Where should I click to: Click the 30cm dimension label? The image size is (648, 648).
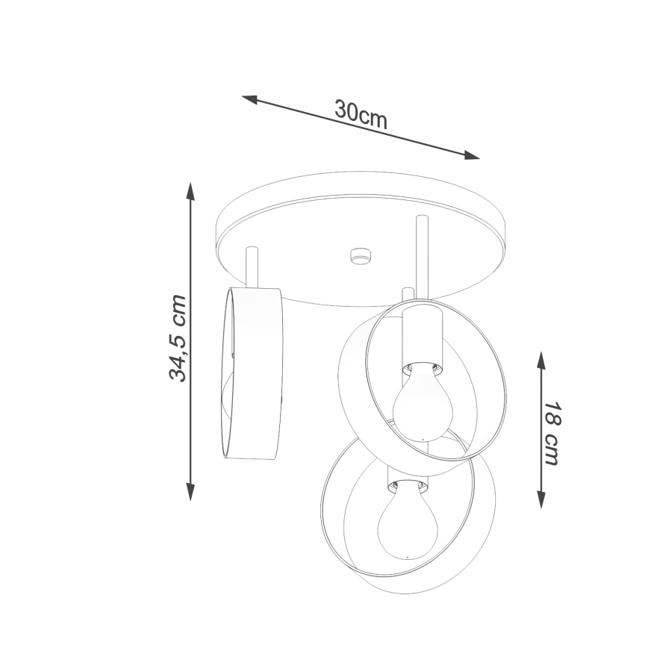[361, 115]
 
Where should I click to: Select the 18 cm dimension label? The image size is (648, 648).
[552, 433]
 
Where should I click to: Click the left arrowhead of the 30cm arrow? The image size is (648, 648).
[249, 99]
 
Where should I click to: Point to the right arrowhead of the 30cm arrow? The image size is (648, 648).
[472, 155]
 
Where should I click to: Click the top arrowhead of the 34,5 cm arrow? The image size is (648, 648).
[190, 191]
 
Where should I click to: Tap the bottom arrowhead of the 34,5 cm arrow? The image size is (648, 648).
[190, 492]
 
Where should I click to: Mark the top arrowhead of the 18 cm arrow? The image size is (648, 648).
[541, 361]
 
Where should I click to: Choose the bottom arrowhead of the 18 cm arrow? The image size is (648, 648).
[541, 499]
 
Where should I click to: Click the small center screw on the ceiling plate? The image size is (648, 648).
[361, 256]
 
